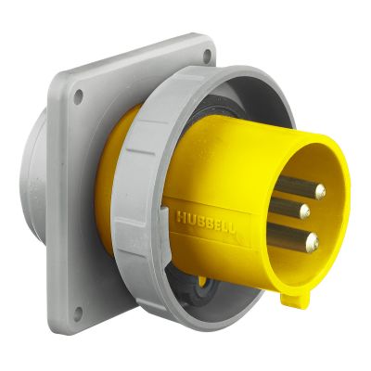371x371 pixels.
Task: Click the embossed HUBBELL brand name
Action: click(206, 220)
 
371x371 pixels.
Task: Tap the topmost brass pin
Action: click(318, 192)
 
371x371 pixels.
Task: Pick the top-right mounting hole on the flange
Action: click(205, 58)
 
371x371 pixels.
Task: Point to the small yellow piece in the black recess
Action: click(202, 281)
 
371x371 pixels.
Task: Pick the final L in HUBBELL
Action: click(232, 225)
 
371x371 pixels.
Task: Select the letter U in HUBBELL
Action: click(188, 217)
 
